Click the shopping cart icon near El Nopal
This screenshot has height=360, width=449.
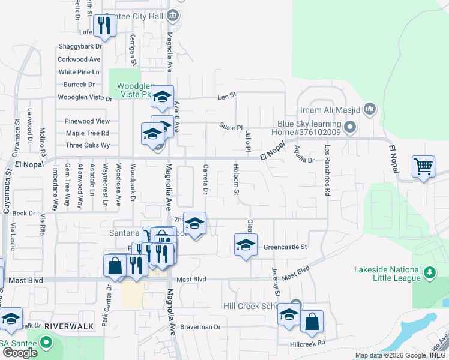pos(423,166)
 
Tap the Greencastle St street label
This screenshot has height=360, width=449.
pos(285,247)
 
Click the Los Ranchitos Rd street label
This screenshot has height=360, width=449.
pos(327,170)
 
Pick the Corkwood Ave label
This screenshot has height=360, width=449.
pos(79,59)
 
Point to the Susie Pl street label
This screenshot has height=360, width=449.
pos(231,127)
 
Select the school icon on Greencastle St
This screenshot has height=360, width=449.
pos(245,244)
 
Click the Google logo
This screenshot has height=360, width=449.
pos(20,353)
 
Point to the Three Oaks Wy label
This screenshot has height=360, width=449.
pos(88,145)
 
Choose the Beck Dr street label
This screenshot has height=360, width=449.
pos(24,213)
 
